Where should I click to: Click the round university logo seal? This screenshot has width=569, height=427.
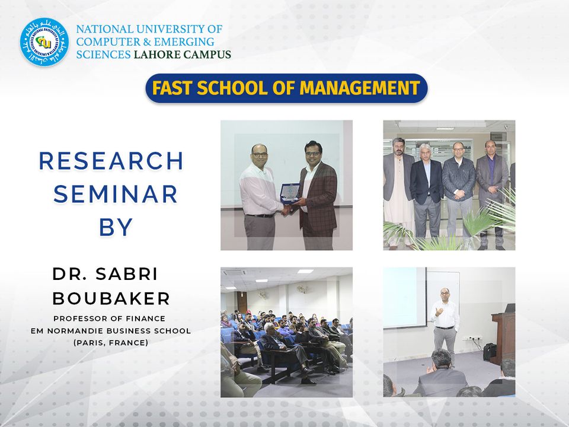coord(44,42)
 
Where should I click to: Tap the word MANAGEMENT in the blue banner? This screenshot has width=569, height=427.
coord(360,88)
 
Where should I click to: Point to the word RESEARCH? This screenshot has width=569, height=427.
coord(111,161)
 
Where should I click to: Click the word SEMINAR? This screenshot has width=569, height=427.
coord(116,195)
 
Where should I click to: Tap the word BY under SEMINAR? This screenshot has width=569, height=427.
coord(116,227)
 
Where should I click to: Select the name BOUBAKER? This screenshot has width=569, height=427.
coord(111,298)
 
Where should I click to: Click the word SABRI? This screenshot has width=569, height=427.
coord(127,274)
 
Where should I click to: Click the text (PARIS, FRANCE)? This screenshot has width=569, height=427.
coord(111,342)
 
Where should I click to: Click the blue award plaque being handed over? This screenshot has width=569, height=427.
coord(290,194)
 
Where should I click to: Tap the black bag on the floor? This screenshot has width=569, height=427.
coord(490,352)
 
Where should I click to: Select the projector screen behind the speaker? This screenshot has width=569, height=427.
coord(405,298)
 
